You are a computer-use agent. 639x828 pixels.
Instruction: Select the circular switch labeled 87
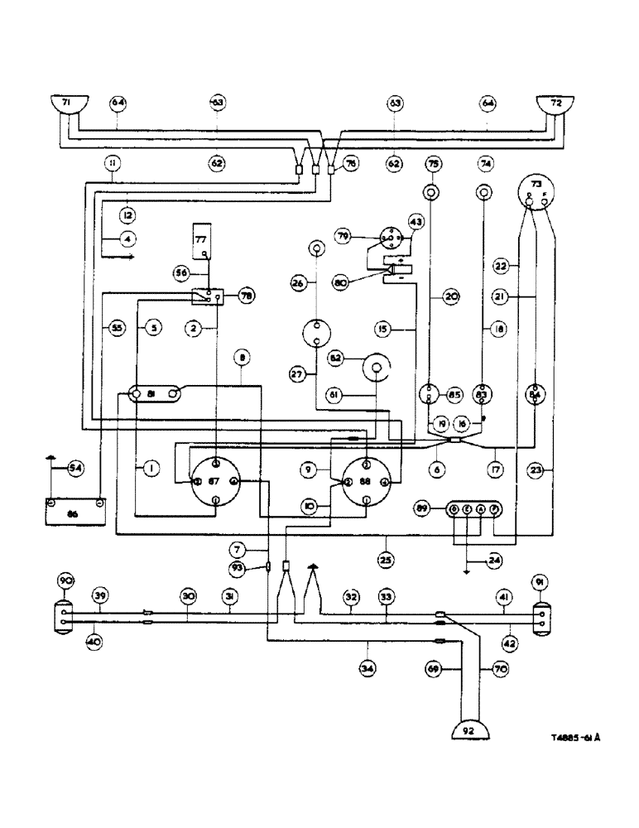(x=215, y=481)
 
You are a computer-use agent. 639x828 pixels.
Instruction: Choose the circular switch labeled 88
(x=366, y=481)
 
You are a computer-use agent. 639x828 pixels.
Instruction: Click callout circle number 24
(x=495, y=559)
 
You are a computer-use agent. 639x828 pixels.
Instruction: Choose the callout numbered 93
(x=238, y=567)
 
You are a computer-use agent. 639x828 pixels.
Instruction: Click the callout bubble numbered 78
(x=244, y=296)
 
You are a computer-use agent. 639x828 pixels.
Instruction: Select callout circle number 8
(x=242, y=359)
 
